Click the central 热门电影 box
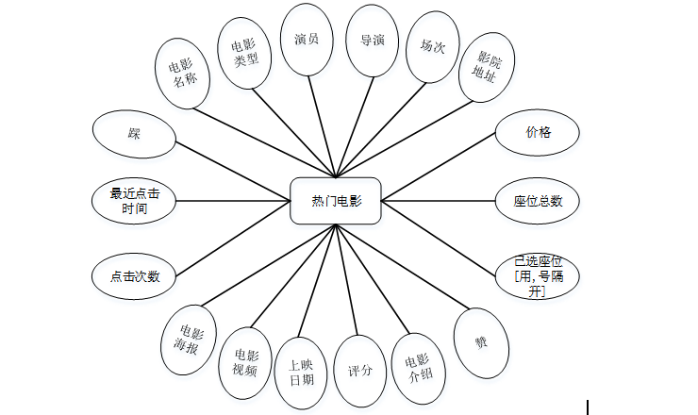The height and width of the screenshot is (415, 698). (336, 201)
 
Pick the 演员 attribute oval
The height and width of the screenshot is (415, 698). (307, 41)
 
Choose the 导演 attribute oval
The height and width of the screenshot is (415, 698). (373, 41)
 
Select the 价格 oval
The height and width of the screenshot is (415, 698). (538, 133)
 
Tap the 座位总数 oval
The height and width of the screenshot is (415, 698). (538, 201)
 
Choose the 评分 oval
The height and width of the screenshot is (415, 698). (360, 370)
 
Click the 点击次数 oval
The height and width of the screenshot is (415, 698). (135, 277)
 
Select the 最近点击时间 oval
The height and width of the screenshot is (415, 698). (135, 201)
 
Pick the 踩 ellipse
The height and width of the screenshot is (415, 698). (135, 133)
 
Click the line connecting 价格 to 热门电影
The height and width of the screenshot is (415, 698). (439, 168)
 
